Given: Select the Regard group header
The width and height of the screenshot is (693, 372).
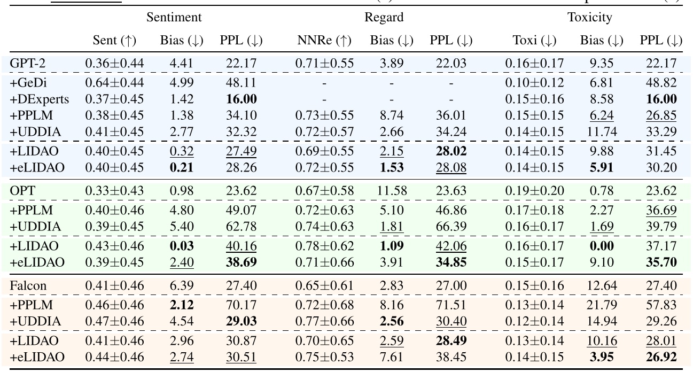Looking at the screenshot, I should pos(384,18).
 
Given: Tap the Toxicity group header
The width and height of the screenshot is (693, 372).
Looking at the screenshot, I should pos(590,18).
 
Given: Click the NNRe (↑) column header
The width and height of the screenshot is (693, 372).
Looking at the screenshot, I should pos(324,41).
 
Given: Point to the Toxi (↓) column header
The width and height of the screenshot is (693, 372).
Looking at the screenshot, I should pos(534,41).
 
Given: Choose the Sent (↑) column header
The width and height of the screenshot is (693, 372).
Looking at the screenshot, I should pos(114,41).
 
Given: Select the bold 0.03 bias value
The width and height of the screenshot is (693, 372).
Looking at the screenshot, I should pos(181,246).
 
